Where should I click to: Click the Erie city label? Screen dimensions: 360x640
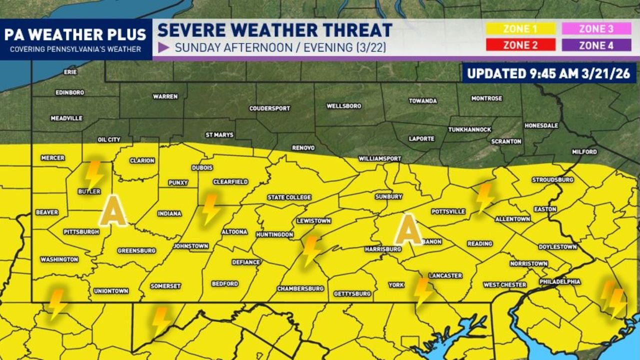(x=70, y=72)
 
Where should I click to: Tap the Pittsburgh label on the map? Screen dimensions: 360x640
(x=80, y=232)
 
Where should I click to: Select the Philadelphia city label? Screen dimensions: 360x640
(x=559, y=282)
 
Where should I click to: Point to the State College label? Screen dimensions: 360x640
(x=289, y=197)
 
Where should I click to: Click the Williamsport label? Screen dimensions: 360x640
(x=380, y=158)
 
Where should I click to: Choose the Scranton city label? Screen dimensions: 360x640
(x=506, y=141)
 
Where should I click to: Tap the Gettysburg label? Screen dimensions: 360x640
(x=352, y=294)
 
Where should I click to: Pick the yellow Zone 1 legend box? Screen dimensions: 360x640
(x=520, y=29)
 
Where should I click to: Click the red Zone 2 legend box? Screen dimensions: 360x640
(x=520, y=45)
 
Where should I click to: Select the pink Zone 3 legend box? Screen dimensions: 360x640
(x=596, y=29)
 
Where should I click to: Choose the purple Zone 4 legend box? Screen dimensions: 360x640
(x=596, y=45)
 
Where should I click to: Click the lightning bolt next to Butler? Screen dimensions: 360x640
(x=93, y=173)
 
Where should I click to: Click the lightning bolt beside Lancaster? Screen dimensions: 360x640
(x=423, y=291)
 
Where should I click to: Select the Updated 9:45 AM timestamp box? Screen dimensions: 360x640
(x=548, y=73)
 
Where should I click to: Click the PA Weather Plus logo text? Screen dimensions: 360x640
(x=75, y=35)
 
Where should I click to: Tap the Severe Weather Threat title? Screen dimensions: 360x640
(x=274, y=30)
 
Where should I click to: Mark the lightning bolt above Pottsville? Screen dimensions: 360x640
(x=484, y=197)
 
